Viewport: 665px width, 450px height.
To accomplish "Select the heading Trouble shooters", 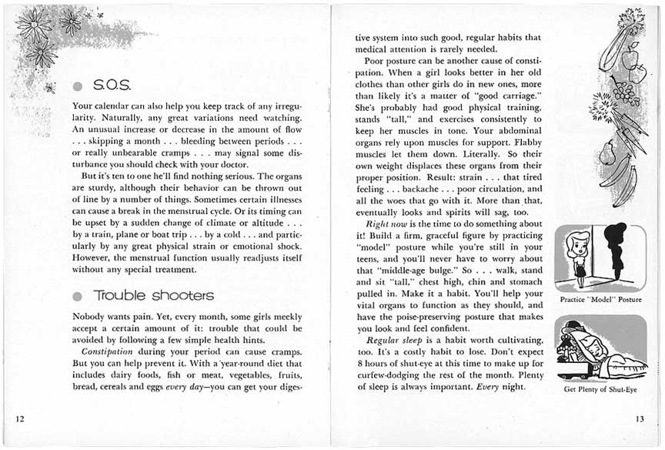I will tap(154, 295).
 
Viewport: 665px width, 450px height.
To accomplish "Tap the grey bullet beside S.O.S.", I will tap(77, 83).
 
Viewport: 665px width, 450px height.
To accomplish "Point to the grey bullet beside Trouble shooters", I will tap(77, 296).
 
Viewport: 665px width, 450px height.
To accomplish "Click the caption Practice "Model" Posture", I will tap(600, 299).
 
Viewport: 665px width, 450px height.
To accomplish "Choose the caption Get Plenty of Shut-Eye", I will tap(600, 389).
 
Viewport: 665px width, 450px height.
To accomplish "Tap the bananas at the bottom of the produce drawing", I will tap(624, 181).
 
